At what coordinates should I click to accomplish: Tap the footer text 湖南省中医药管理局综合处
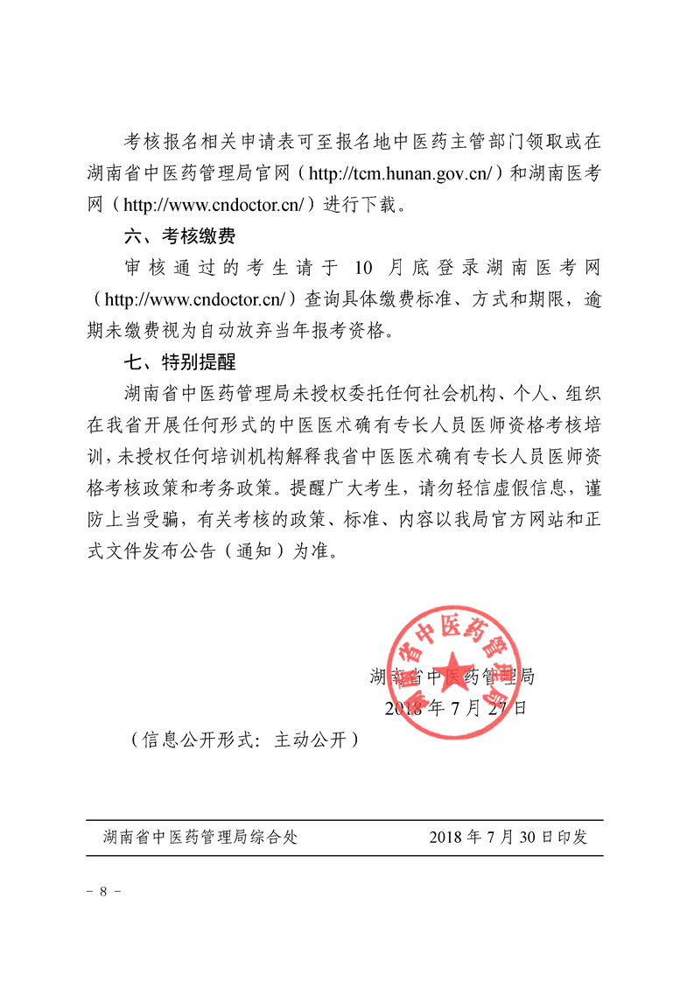pos(200,837)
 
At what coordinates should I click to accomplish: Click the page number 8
pos(103,892)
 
